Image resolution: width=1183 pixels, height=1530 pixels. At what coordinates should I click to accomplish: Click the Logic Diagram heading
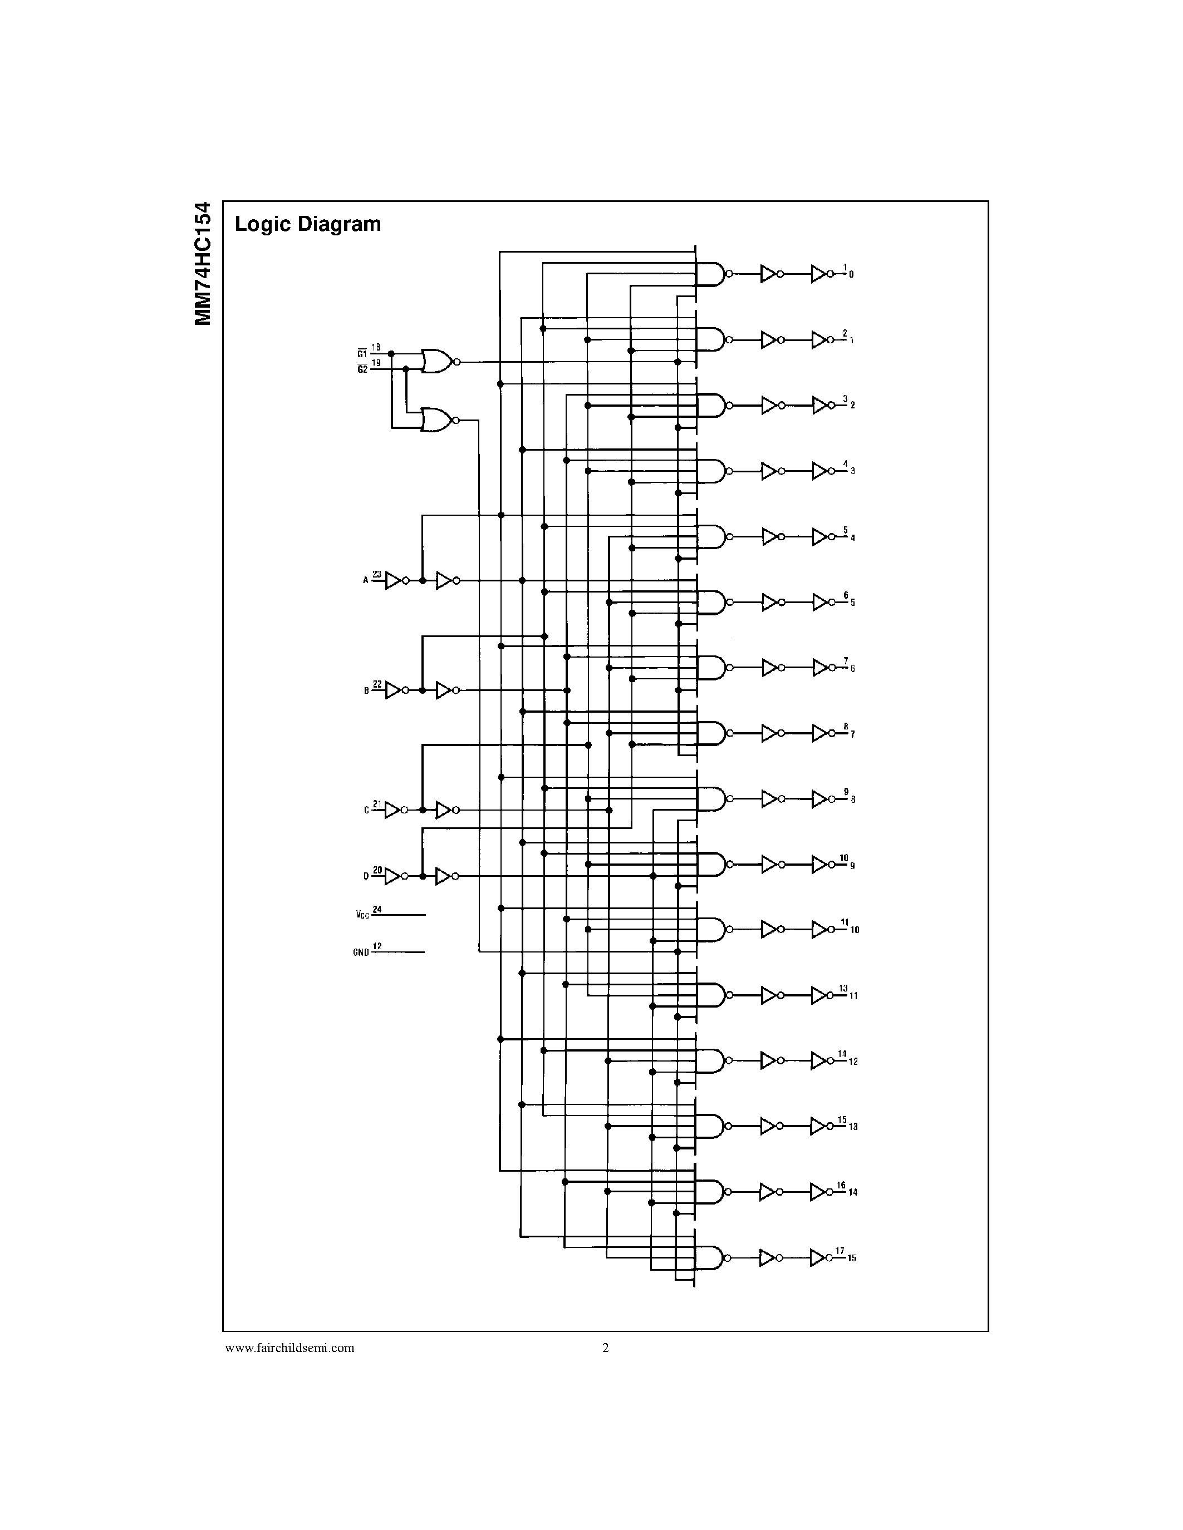pyautogui.click(x=308, y=224)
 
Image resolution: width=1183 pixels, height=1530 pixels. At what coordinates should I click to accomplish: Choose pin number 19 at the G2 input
pyautogui.click(x=376, y=363)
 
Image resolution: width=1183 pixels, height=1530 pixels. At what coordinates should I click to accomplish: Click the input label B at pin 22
pyautogui.click(x=366, y=691)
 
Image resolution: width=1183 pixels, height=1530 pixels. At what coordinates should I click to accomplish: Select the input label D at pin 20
pyautogui.click(x=366, y=876)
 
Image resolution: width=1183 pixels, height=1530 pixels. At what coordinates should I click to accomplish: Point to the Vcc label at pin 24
pyautogui.click(x=362, y=915)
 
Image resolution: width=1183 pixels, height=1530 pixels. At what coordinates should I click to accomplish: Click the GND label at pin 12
pyautogui.click(x=361, y=952)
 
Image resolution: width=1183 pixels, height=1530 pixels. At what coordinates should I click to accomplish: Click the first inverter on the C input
pyautogui.click(x=393, y=810)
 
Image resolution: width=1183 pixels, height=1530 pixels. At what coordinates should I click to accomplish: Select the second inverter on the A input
pyautogui.click(x=445, y=581)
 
